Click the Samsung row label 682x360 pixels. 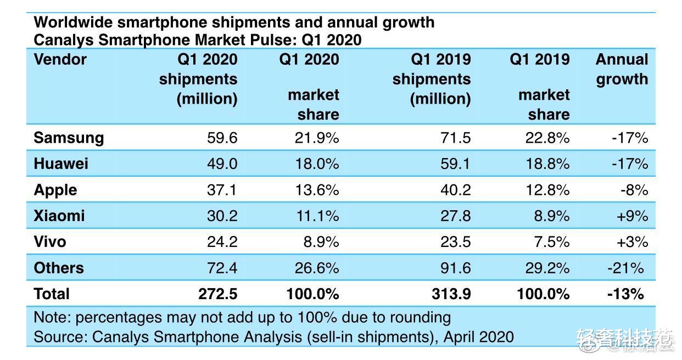click(x=69, y=137)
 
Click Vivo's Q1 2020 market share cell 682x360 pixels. click(x=318, y=241)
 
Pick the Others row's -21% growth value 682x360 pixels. click(x=625, y=268)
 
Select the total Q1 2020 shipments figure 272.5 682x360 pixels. click(x=217, y=294)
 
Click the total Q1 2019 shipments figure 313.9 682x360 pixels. click(x=451, y=294)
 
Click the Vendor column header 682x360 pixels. click(x=60, y=59)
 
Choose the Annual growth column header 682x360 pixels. click(x=622, y=69)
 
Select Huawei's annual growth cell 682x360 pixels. click(x=630, y=164)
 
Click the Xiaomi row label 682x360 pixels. click(x=59, y=216)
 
